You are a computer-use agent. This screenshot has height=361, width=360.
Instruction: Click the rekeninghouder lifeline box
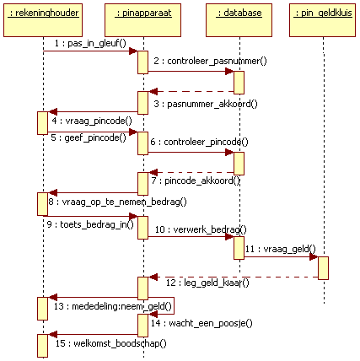[43, 20]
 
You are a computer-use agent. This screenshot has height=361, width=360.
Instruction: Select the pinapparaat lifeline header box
[142, 20]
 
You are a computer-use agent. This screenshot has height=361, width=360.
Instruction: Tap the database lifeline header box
[239, 20]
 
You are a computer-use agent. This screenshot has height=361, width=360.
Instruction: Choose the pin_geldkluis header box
[323, 20]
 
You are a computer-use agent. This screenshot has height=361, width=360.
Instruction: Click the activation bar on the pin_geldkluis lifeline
[323, 268]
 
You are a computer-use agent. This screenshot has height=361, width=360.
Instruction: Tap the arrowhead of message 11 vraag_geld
[314, 256]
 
